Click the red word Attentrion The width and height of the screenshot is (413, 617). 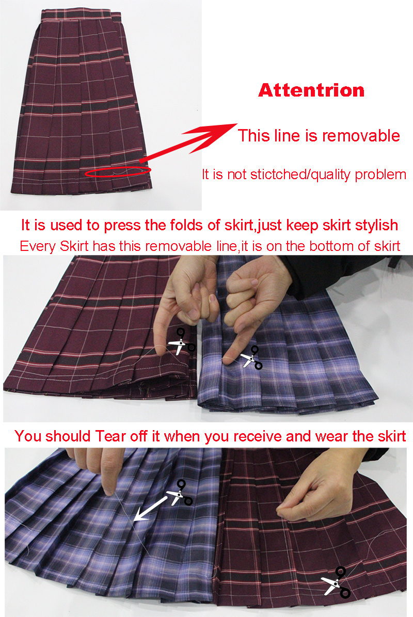311,90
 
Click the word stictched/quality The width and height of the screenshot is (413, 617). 300,175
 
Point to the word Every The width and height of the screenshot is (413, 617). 38,247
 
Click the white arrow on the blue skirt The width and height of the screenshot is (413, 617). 150,509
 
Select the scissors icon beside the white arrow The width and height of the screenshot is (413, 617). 180,492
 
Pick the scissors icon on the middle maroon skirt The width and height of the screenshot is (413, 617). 182,341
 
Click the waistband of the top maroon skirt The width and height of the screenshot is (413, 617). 81,15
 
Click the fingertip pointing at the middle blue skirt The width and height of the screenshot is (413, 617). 227,360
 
